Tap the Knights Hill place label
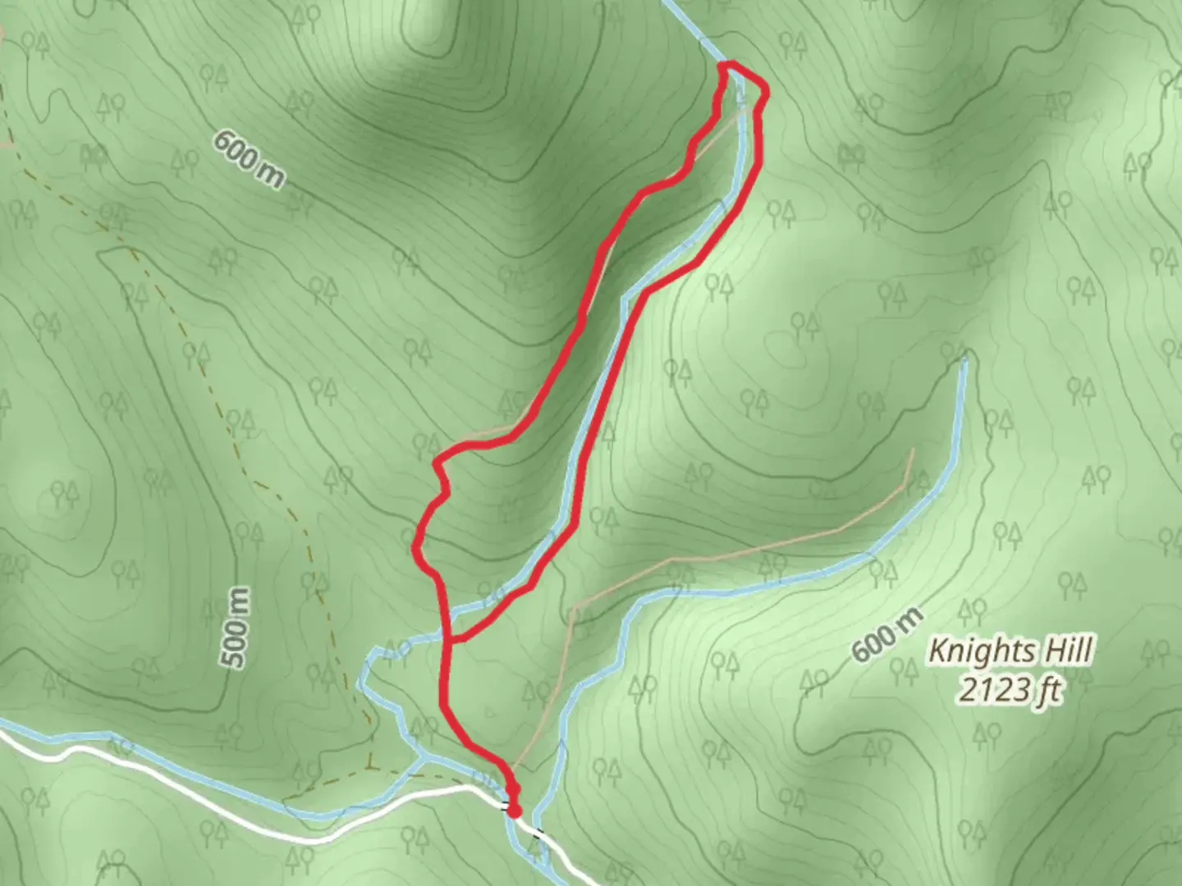(x=1010, y=652)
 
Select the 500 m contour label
(x=236, y=628)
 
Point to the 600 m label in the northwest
(x=248, y=158)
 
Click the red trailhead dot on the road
(x=514, y=811)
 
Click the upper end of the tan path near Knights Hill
(x=911, y=451)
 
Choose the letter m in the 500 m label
(x=236, y=600)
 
